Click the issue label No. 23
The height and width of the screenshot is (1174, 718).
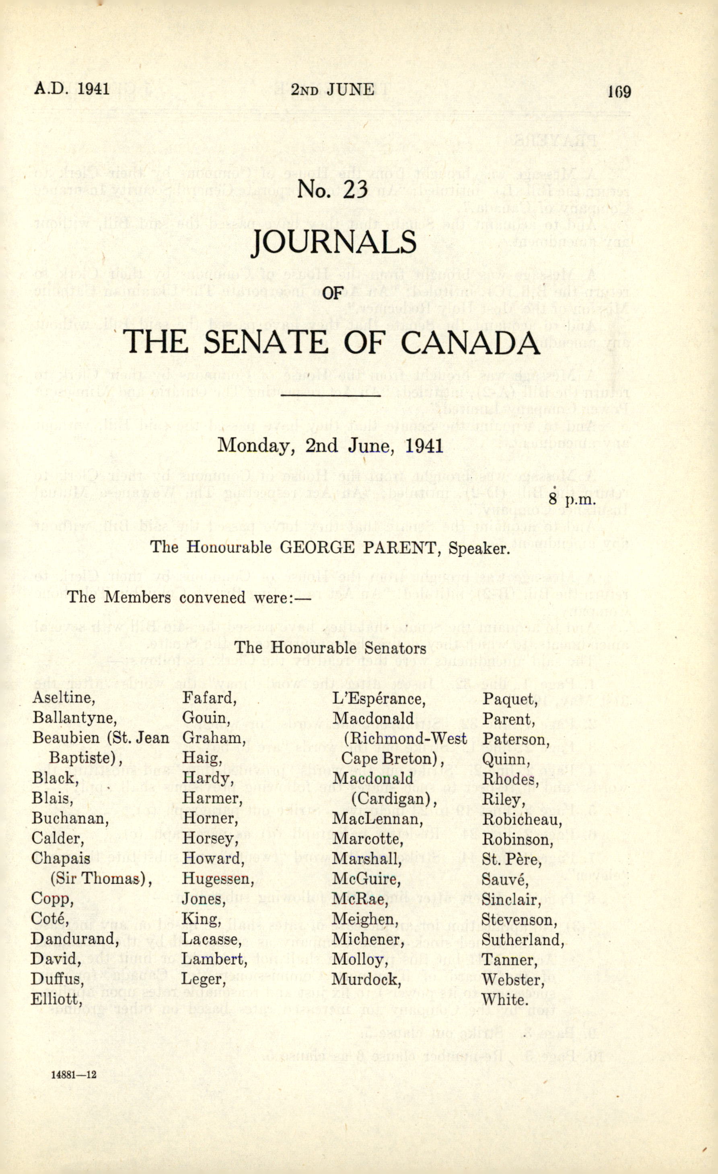tap(333, 190)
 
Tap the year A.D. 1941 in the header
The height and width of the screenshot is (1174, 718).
tap(72, 89)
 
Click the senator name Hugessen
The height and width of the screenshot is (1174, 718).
tap(218, 879)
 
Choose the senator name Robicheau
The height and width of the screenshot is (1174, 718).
tap(522, 819)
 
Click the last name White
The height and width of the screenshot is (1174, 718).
tap(505, 999)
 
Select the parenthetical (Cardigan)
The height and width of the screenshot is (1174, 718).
tap(391, 799)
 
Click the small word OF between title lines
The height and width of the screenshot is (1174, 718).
tap(332, 292)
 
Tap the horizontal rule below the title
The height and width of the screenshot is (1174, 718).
tap(331, 395)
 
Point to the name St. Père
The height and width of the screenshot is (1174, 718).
tap(511, 859)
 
